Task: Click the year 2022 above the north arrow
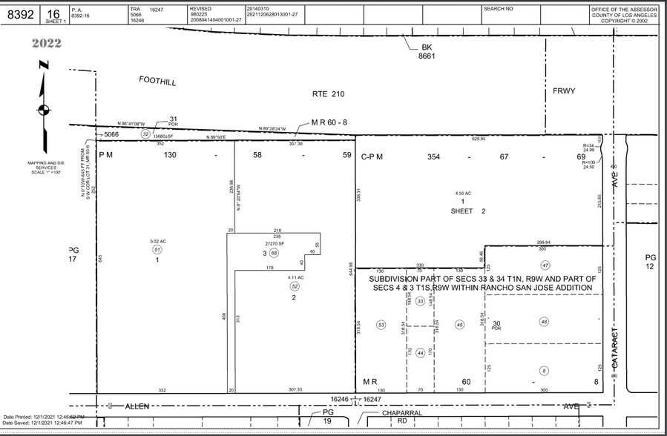(x=46, y=43)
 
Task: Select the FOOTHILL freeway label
(x=157, y=81)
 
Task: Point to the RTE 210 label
(x=328, y=94)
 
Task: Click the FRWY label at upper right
(x=564, y=91)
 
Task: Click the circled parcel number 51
(x=157, y=250)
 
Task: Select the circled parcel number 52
(x=295, y=286)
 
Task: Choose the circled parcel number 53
(x=381, y=325)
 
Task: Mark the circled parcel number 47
(x=545, y=265)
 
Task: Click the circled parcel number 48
(x=544, y=322)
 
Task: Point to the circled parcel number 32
(x=145, y=133)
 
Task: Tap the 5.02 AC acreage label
(x=157, y=241)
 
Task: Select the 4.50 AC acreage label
(x=462, y=194)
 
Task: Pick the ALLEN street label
(x=137, y=406)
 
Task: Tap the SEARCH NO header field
(x=498, y=9)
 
